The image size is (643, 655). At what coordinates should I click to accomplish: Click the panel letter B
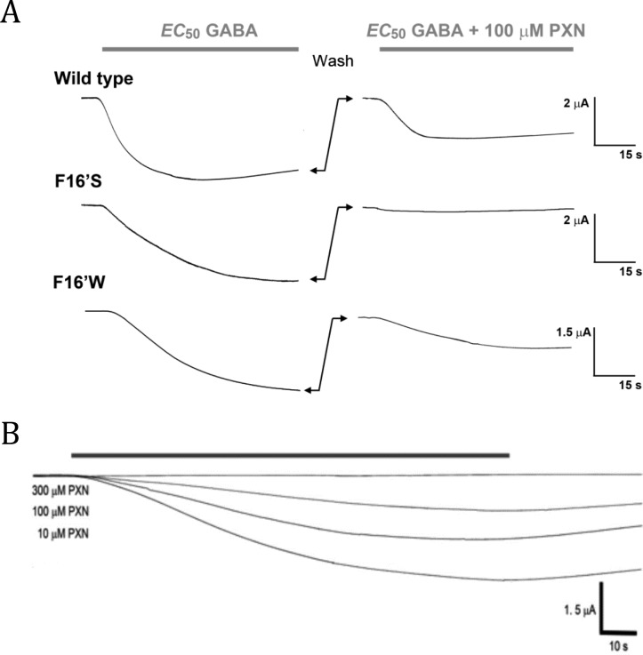[12, 436]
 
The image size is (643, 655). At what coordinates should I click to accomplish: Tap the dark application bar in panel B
[290, 455]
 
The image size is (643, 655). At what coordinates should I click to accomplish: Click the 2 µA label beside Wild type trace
[576, 104]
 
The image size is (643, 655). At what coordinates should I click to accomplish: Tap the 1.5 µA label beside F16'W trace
[572, 332]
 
